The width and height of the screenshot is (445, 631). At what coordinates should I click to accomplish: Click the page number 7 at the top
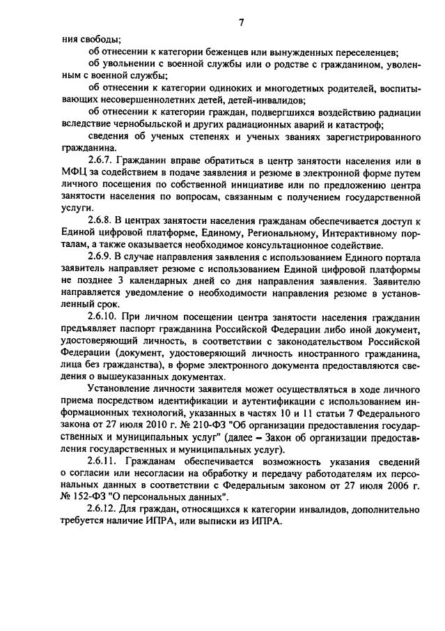pyautogui.click(x=242, y=22)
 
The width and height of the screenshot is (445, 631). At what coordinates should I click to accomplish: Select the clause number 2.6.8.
pyautogui.click(x=104, y=220)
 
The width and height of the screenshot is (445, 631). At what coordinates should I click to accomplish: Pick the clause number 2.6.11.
pyautogui.click(x=107, y=467)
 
